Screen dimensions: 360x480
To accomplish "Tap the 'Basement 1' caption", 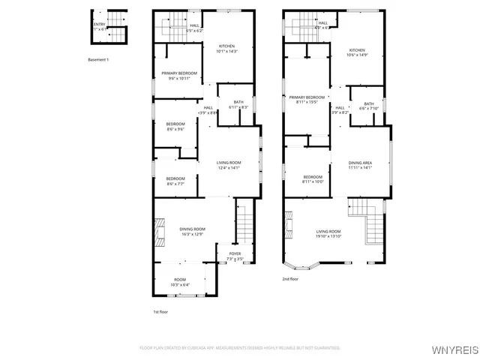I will [98, 59].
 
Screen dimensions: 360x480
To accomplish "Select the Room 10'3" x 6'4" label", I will [179, 282].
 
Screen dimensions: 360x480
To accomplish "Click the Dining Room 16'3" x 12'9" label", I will [192, 232].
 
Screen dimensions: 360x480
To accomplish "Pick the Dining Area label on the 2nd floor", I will [360, 166].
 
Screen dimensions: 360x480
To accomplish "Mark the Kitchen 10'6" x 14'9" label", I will [357, 52].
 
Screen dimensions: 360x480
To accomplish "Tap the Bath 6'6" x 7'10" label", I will [369, 106].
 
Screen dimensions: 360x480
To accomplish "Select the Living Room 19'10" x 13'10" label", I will [328, 234].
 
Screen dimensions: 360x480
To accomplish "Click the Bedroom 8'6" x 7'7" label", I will [175, 180].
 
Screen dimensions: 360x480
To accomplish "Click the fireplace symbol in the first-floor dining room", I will [158, 232].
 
